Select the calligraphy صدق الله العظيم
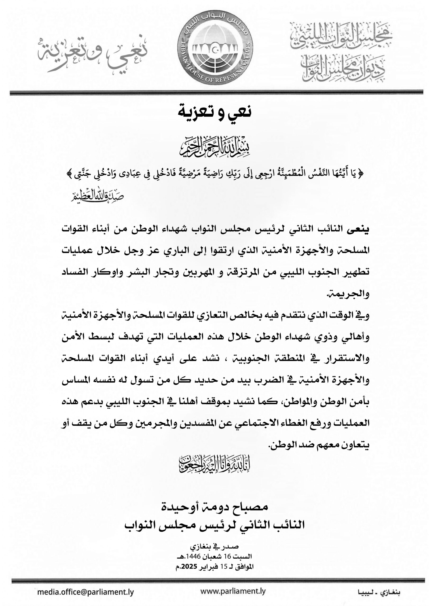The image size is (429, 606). click(x=98, y=196)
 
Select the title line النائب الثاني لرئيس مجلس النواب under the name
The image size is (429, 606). click(x=215, y=524)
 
